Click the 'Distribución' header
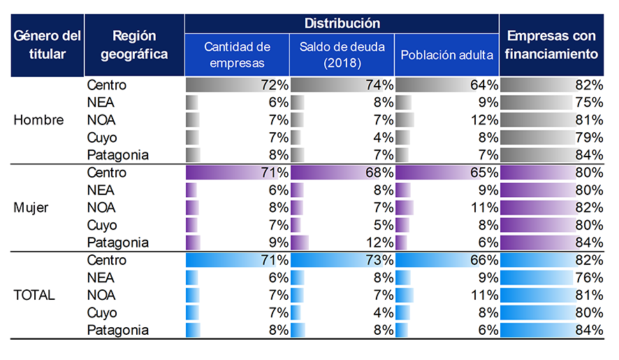pyautogui.click(x=342, y=23)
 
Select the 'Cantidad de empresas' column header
pyautogui.click(x=237, y=55)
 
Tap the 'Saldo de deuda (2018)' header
pyautogui.click(x=342, y=55)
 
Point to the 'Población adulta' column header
pyautogui.click(x=446, y=55)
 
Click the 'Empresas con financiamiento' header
pyautogui.click(x=552, y=45)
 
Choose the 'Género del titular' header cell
pyautogui.click(x=47, y=45)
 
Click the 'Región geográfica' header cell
pyautogui.click(x=134, y=45)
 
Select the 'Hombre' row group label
pyautogui.click(x=38, y=120)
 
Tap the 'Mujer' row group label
pyautogui.click(x=31, y=208)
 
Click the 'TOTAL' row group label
pyautogui.click(x=34, y=295)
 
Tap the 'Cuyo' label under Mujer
pyautogui.click(x=102, y=225)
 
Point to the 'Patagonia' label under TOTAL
pyautogui.click(x=118, y=330)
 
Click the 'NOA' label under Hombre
pyautogui.click(x=101, y=120)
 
